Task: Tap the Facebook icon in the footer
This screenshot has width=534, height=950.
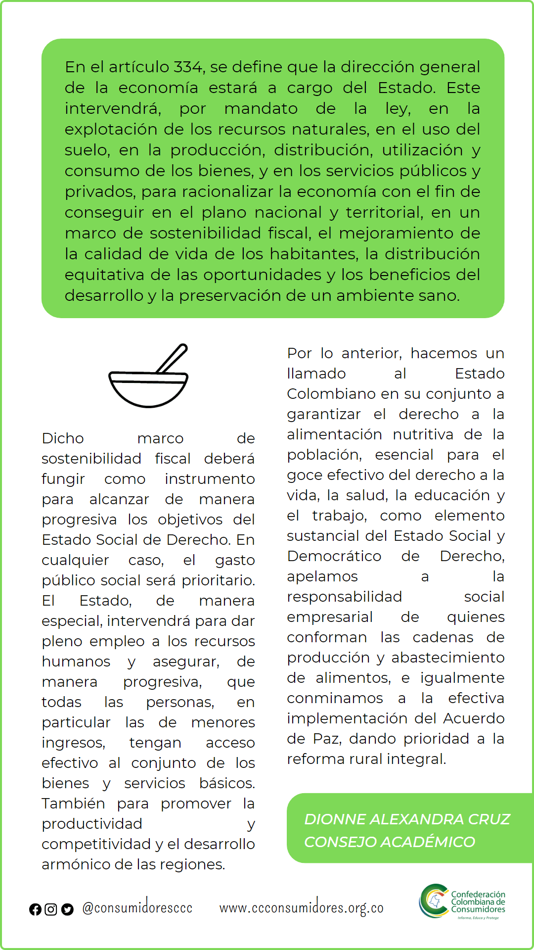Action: tap(35, 909)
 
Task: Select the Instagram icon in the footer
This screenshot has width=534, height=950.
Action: tap(51, 909)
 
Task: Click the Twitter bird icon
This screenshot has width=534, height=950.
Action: tap(67, 909)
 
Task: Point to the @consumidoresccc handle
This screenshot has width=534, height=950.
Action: tap(137, 907)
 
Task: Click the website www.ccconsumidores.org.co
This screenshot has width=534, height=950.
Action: tap(301, 907)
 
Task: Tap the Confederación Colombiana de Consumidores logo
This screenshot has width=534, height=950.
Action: tap(462, 902)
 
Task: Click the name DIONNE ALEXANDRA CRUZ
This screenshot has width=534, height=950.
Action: tap(407, 819)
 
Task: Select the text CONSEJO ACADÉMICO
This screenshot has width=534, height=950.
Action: tap(390, 842)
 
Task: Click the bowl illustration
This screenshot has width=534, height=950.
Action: tap(148, 389)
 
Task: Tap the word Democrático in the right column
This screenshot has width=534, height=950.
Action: tap(334, 556)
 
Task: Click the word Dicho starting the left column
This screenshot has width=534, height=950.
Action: tap(63, 438)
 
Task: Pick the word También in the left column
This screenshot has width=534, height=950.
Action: tap(73, 804)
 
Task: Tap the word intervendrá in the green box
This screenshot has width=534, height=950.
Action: tap(113, 108)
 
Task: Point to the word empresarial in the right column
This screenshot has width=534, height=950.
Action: tap(330, 617)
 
